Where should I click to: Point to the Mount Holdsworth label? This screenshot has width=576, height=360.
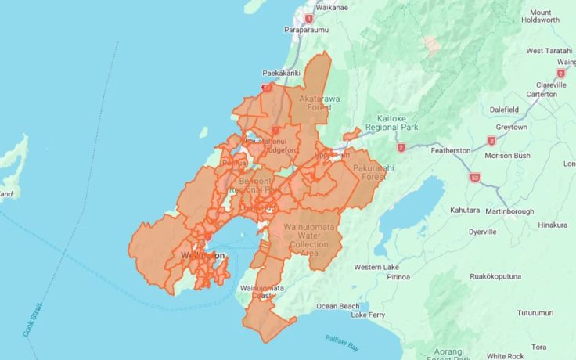[x=551, y=17]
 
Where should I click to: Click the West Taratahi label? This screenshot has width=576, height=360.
[x=550, y=51]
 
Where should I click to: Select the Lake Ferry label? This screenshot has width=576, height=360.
[x=368, y=315]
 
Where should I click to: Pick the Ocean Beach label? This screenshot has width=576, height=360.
[x=338, y=306]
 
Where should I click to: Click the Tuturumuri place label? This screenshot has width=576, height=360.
[x=519, y=313]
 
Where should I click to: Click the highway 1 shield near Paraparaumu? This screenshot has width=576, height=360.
[x=309, y=19]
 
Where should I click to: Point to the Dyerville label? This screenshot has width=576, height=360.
[x=483, y=232]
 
